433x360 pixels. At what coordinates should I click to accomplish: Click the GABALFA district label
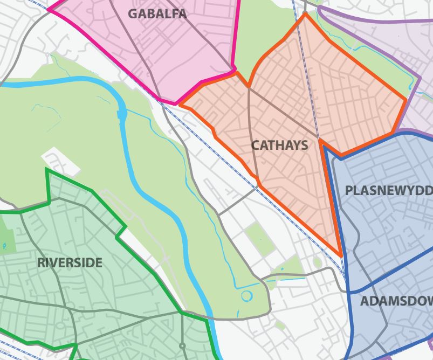point(157,14)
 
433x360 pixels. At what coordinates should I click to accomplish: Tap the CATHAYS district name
point(279,145)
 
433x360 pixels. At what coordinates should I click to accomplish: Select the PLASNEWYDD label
point(388,190)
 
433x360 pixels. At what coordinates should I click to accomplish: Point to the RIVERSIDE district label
point(70,263)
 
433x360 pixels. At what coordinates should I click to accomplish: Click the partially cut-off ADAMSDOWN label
point(396,301)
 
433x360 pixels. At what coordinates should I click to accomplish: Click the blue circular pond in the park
point(246,296)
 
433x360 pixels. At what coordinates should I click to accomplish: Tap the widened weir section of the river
point(122,114)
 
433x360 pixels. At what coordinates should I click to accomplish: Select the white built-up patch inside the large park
point(60,161)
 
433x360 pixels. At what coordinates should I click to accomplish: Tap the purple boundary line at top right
point(377,22)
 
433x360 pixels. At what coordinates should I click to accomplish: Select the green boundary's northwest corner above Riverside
point(47,170)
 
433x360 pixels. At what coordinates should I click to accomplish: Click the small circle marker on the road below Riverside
point(182,345)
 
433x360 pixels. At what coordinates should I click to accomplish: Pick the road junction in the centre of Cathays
point(318,138)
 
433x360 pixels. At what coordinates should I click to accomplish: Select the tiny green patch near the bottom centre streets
point(280,326)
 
